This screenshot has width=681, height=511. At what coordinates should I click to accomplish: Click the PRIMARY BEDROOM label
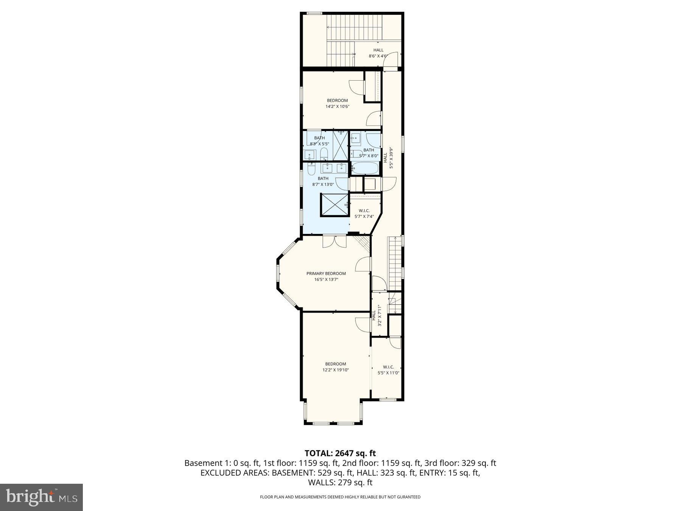click(x=326, y=273)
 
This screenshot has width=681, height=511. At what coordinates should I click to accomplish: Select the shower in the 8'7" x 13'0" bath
click(x=334, y=205)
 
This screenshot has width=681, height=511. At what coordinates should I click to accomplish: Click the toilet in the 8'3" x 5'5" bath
click(x=324, y=154)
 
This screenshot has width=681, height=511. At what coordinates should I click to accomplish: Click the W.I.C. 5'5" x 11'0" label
click(x=388, y=370)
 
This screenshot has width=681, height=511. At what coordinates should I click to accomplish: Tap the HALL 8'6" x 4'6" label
click(x=378, y=53)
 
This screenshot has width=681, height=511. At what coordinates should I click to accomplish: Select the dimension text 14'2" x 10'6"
click(x=337, y=107)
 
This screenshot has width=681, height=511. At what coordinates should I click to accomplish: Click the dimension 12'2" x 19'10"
click(x=335, y=370)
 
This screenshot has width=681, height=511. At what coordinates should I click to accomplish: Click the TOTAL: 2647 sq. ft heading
click(x=340, y=453)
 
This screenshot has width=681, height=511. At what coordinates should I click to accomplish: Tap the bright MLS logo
click(x=41, y=497)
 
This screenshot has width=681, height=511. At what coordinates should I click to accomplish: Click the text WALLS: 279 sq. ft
click(x=340, y=483)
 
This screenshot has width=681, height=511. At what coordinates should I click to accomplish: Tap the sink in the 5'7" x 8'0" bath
click(x=356, y=139)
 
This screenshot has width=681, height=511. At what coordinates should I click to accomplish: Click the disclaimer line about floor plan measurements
click(x=340, y=497)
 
